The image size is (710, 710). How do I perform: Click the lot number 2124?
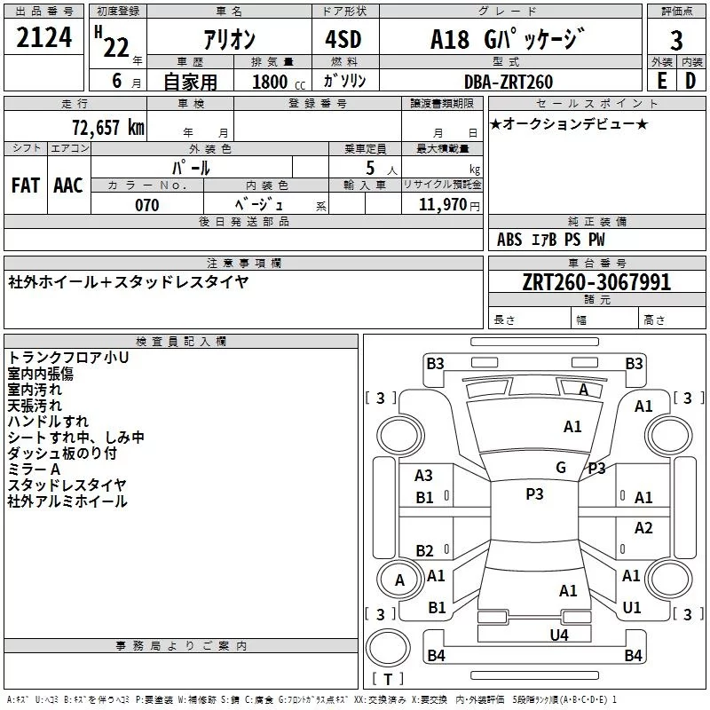43,37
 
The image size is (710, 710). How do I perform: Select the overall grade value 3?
676,40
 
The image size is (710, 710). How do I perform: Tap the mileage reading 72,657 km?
108,127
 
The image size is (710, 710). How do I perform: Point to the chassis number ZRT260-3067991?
596,282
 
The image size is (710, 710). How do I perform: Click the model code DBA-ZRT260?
509,82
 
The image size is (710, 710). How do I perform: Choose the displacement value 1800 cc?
279,82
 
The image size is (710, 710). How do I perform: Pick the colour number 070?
147,205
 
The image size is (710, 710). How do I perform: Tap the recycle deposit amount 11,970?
442,205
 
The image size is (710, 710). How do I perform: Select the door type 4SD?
343,39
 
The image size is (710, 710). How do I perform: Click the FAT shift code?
26,185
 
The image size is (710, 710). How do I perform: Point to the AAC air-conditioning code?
68,185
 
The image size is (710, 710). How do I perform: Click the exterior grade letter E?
662,81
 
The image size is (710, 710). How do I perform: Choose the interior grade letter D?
690,81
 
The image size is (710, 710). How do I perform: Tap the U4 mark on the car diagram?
559,635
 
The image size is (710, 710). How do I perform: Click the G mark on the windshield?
561,468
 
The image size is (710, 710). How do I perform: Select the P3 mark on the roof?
534,494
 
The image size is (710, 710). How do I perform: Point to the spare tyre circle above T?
388,648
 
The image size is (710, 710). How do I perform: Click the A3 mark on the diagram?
423,476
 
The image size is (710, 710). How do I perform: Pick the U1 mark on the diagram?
632,607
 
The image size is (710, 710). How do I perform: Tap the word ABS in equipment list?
509,240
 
